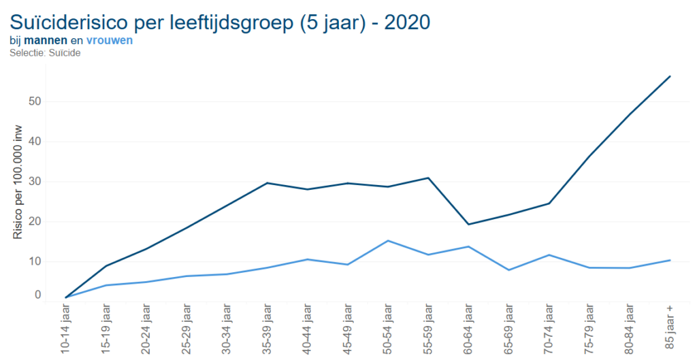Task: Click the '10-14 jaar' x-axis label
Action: (x=66, y=331)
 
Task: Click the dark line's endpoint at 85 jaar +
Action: (x=670, y=76)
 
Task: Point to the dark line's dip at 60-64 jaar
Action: (x=468, y=225)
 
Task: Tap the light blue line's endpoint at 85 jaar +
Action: (x=670, y=260)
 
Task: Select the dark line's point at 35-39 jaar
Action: (x=268, y=183)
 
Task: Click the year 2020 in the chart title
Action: (x=407, y=22)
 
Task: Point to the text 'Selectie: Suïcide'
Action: (x=46, y=52)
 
